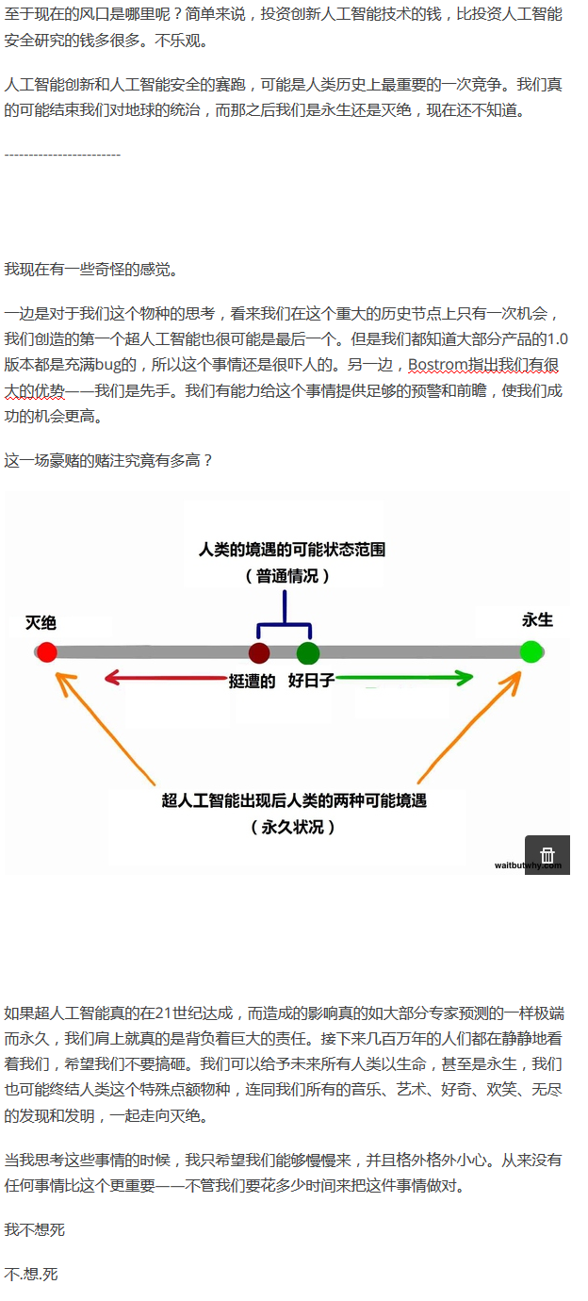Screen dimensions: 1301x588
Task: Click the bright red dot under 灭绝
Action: click(46, 651)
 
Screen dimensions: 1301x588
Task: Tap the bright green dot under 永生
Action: click(531, 650)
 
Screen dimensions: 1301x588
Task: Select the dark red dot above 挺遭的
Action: click(259, 652)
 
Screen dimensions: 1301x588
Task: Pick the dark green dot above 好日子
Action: click(308, 652)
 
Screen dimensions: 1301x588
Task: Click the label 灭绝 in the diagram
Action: click(41, 623)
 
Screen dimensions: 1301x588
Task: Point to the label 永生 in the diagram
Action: click(537, 620)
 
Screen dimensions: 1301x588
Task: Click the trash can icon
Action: click(547, 855)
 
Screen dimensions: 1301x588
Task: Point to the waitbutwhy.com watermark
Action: click(527, 865)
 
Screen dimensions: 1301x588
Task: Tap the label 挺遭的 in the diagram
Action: click(252, 681)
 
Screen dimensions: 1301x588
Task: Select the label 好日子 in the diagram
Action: click(311, 681)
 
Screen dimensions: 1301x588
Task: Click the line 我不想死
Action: click(35, 1229)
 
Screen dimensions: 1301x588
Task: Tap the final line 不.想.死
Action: click(31, 1274)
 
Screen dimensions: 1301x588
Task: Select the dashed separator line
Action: click(62, 155)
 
